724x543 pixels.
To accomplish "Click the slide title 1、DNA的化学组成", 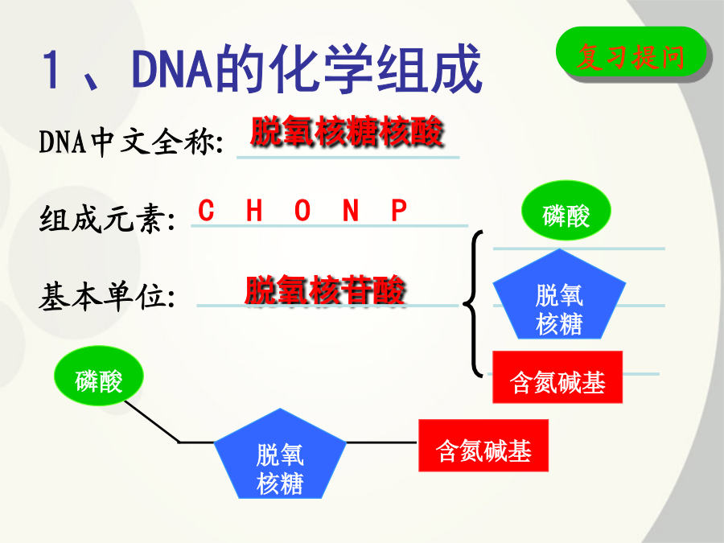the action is (x=262, y=68).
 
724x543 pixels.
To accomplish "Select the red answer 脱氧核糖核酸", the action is (x=347, y=131).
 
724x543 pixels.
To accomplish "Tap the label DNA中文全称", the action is (x=131, y=141).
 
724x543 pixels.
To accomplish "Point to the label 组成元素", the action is (x=108, y=218).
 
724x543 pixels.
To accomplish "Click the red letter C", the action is (x=206, y=211).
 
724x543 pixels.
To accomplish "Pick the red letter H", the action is (x=254, y=211).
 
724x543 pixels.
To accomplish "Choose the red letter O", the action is (x=302, y=211).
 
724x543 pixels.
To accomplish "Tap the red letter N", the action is (x=351, y=211).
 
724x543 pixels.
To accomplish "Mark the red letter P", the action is (x=399, y=211).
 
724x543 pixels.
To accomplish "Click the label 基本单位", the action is (x=107, y=295).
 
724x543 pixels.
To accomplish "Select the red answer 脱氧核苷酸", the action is (x=325, y=290).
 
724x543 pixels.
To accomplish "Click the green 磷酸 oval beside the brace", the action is (x=566, y=211).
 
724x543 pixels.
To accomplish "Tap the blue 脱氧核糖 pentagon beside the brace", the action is (x=559, y=298).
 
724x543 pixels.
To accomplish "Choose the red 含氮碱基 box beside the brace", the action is (x=557, y=377).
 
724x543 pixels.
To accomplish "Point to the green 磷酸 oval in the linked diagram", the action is (x=99, y=376).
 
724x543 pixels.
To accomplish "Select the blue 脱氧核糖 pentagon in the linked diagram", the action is (x=280, y=457).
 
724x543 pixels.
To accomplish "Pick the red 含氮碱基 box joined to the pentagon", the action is (x=483, y=446).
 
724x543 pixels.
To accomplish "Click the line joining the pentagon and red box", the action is (x=382, y=442).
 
